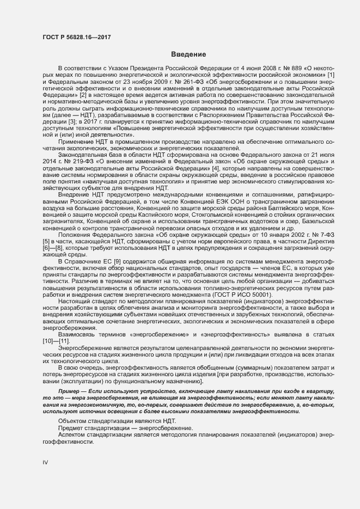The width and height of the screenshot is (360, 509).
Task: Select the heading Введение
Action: (188, 54)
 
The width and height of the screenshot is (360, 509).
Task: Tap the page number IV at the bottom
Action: (45, 462)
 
